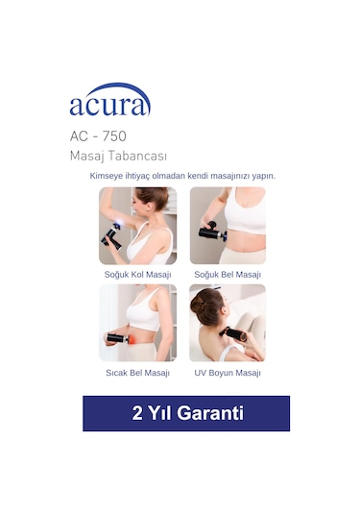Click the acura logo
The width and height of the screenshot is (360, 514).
coord(109,103)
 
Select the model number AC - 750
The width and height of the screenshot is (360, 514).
coord(97,136)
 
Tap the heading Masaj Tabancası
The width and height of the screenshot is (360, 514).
coord(118,156)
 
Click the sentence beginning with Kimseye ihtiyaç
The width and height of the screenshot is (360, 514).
coord(182,176)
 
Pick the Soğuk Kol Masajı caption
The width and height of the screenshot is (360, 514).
coord(137,274)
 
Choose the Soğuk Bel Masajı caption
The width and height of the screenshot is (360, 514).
coord(228,274)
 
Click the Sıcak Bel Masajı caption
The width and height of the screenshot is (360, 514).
coord(137,372)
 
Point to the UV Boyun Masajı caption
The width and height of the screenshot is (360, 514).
coord(228,372)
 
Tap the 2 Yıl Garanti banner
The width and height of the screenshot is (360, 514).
coord(185,413)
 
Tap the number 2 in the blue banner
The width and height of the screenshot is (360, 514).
coord(137,413)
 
